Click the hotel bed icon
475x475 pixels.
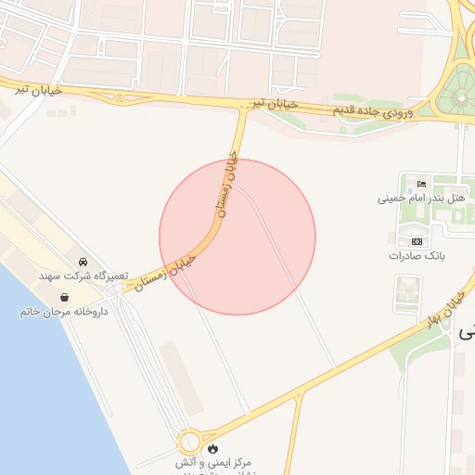tap(422, 183)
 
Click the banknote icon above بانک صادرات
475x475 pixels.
tap(417, 240)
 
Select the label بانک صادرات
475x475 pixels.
tap(411, 255)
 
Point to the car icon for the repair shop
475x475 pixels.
tap(83, 262)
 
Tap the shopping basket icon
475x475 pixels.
tap(66, 297)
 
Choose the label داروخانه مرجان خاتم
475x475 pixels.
tap(64, 312)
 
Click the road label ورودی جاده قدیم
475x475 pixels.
tap(372, 111)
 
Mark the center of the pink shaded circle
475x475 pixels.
tap(237, 237)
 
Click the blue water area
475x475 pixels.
tap(37, 390)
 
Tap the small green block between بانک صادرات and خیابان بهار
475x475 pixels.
tap(407, 294)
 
